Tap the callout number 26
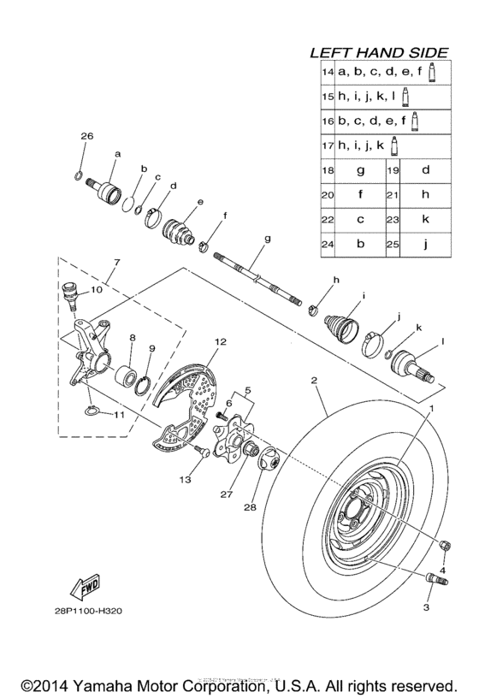86,137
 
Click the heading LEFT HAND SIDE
385,52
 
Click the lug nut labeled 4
445,546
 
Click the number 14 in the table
328,74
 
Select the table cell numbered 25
393,244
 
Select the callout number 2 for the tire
314,379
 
